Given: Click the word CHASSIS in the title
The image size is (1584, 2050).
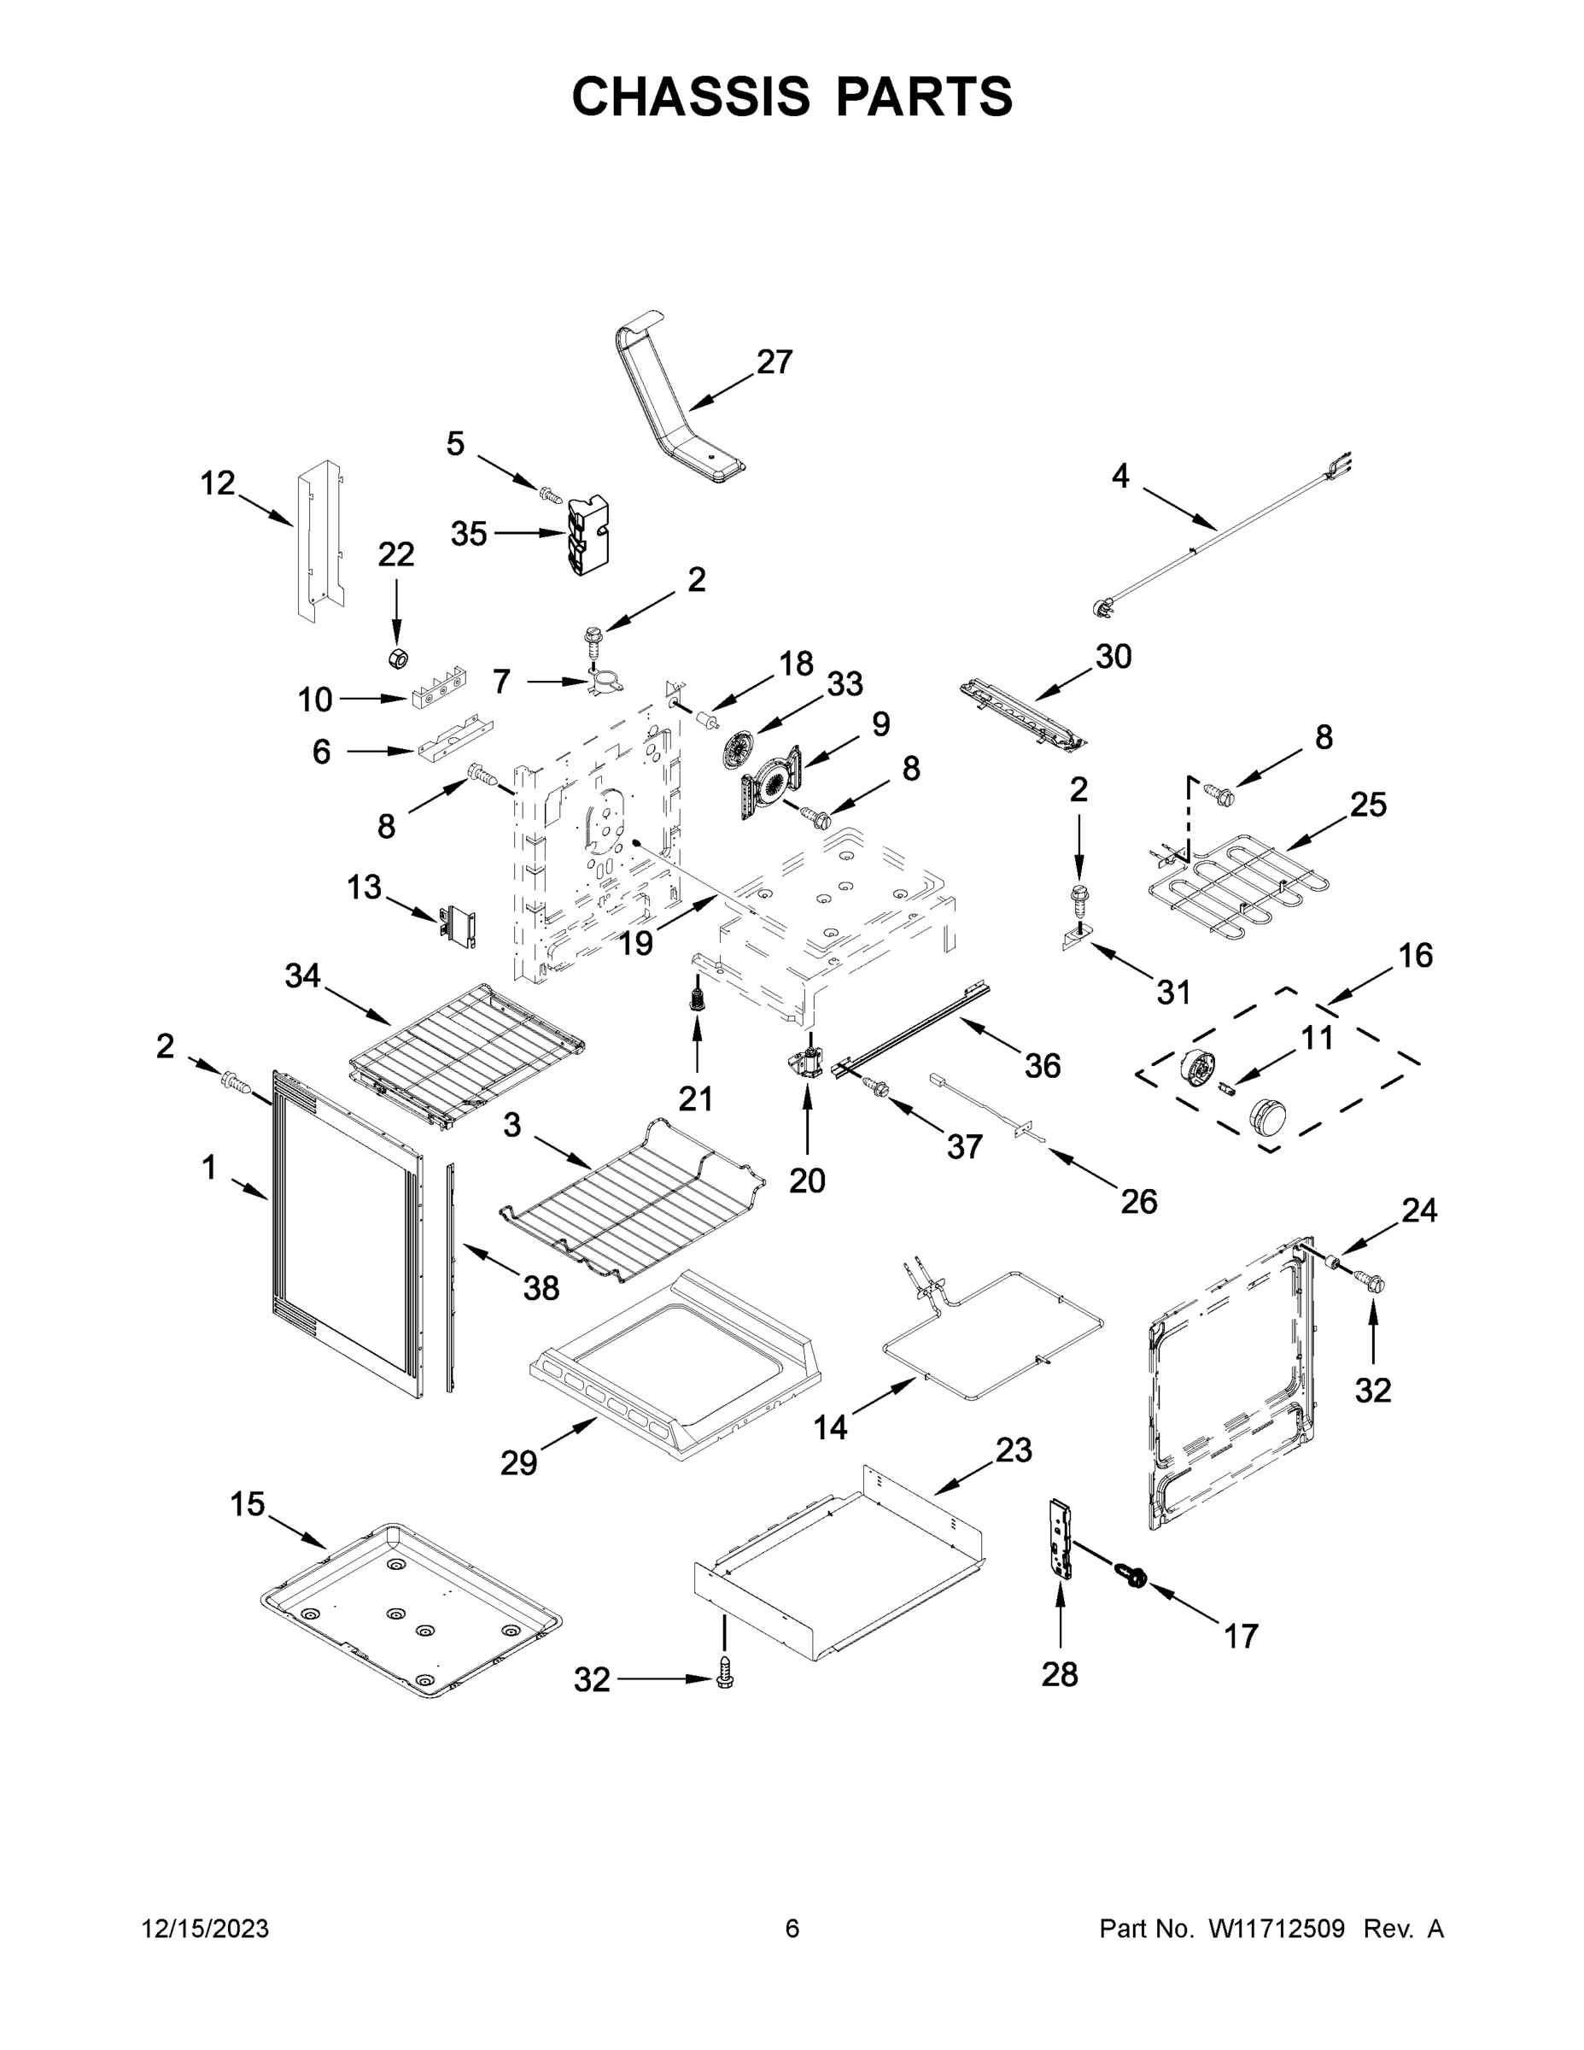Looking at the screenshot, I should pos(691,97).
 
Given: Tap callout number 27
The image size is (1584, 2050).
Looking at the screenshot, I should pos(774,362).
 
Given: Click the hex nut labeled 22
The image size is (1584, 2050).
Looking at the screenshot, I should pos(398,658).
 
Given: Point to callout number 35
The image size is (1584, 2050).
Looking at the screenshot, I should pos(469,534).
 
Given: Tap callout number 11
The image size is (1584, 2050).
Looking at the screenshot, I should pos(1317,1038).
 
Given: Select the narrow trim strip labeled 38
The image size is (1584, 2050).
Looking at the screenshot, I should pos(450,1277).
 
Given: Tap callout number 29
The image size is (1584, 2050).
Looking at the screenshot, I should pos(518,1462).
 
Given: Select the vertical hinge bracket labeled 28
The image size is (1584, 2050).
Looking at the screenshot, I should pos(1061,1538).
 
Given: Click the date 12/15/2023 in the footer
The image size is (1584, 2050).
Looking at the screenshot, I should pos(205,1929).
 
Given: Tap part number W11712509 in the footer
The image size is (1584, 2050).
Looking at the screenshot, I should pos(1277,1929).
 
